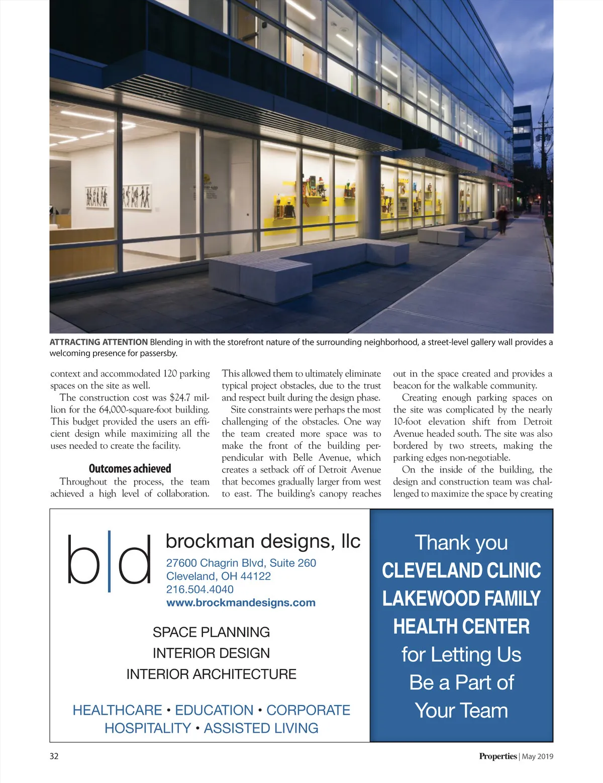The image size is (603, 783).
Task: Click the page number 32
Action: coord(54,756)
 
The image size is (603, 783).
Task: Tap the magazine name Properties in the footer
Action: coord(497,756)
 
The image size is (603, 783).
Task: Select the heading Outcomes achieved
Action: coord(130,468)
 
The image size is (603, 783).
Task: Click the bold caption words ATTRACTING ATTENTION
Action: coord(98,342)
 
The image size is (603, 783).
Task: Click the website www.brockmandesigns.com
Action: coord(241,603)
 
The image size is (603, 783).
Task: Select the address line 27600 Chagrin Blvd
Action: coord(241,563)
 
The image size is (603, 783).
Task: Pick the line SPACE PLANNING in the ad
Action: coord(211,632)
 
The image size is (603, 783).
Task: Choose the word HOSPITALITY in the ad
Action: coord(148,728)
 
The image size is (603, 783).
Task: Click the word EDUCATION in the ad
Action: coord(214,710)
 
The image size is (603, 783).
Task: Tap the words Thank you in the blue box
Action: coord(461,543)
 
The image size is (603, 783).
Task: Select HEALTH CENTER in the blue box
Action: coord(461,627)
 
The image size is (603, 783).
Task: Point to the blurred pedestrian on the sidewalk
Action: coord(502,219)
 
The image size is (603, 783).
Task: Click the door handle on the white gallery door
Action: coord(248,215)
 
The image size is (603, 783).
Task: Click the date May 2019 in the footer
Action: coord(538,756)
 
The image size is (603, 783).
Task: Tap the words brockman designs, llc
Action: coord(263,541)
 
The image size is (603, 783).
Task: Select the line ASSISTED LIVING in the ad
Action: coord(261,728)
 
